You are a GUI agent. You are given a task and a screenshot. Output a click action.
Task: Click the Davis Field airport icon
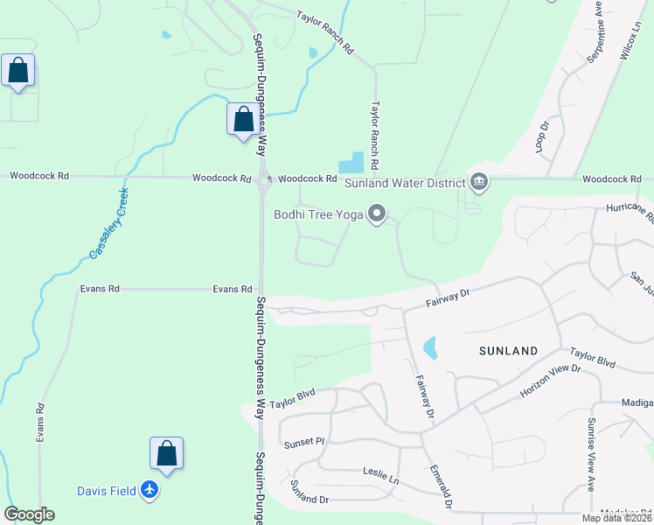[x=150, y=491]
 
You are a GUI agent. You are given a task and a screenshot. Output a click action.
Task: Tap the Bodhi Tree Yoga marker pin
[x=378, y=213]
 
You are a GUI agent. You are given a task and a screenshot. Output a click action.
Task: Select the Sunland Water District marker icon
[x=479, y=182]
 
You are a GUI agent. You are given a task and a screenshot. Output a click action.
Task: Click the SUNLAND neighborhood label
[x=508, y=351]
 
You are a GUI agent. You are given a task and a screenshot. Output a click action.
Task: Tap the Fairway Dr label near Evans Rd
[x=448, y=297]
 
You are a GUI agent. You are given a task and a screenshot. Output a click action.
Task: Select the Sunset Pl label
[x=303, y=444]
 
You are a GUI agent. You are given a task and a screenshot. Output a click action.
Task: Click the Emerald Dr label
[x=440, y=487]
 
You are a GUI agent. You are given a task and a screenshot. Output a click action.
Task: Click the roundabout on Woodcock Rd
[x=263, y=181]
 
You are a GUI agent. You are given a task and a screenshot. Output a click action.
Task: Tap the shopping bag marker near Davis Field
[x=166, y=454]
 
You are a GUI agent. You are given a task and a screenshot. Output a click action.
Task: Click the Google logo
[x=29, y=514]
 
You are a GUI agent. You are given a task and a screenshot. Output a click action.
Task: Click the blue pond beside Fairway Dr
[x=429, y=348]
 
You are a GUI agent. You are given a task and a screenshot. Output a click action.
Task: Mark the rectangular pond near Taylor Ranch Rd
[x=351, y=163]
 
